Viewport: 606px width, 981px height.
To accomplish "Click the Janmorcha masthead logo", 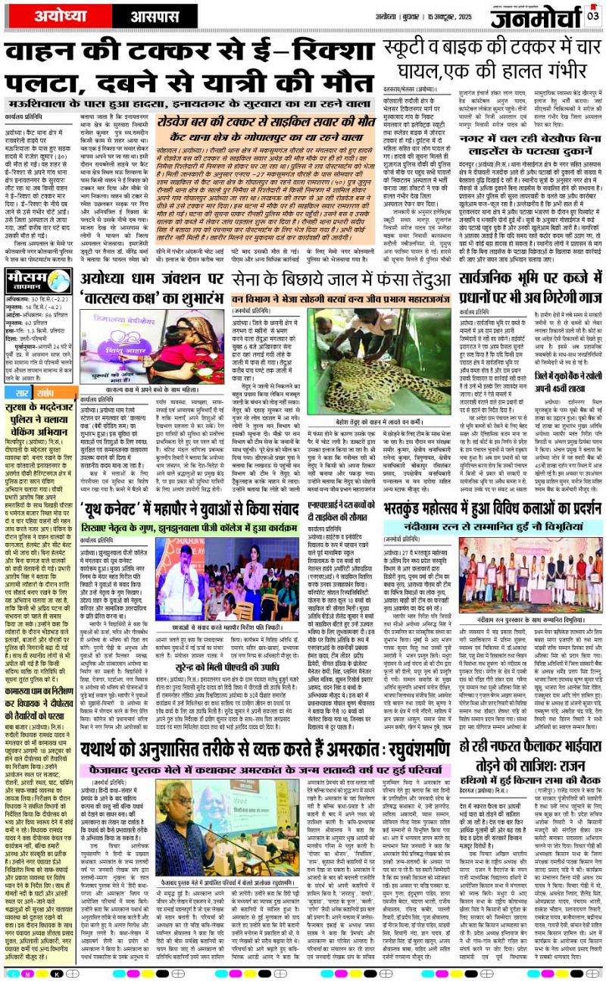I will [x=534, y=16].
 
